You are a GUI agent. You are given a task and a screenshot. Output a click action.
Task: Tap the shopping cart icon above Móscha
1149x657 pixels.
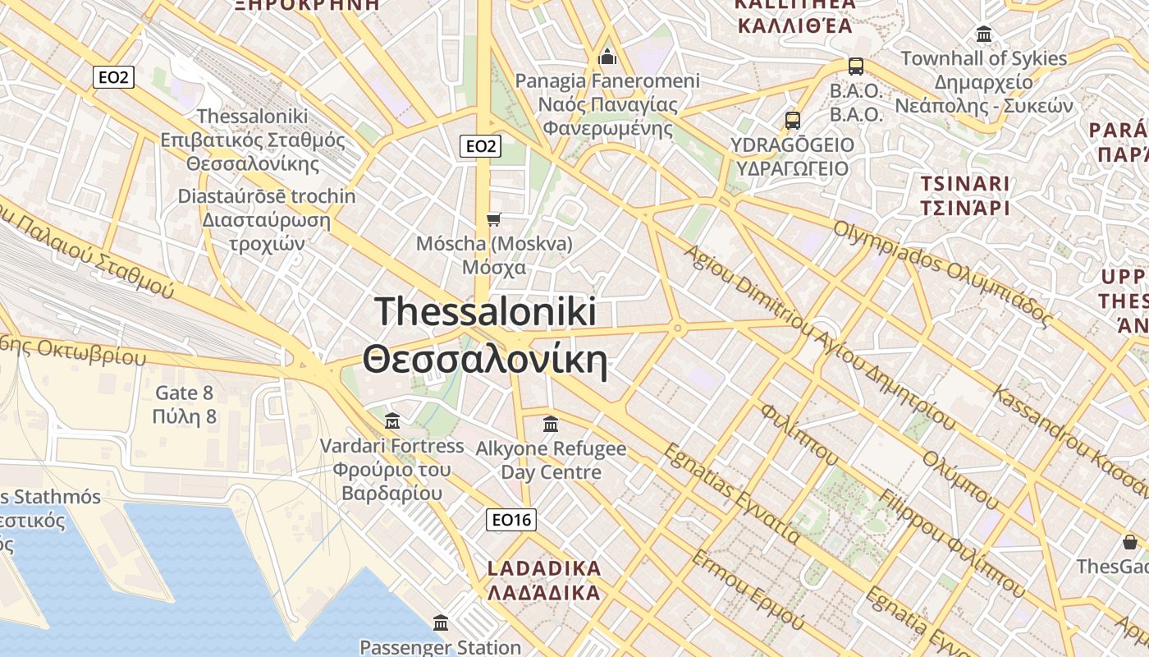point(493,218)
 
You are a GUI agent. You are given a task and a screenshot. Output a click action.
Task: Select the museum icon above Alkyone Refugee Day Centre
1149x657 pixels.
point(551,425)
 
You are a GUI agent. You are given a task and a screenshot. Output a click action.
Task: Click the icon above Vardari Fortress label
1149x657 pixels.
point(392,421)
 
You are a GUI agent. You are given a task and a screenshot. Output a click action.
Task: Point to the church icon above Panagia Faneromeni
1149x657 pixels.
point(607,56)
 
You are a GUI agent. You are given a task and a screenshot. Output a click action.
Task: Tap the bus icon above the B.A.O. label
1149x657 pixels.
point(855,67)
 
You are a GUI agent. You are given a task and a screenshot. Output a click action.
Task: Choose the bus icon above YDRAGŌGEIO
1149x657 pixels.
point(792,121)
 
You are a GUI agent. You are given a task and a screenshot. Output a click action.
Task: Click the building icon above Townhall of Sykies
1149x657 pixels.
point(983,34)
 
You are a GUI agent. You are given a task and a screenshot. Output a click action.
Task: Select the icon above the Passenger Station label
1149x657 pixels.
point(441,623)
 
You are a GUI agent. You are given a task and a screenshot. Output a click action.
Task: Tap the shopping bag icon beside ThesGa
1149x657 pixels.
point(1130,542)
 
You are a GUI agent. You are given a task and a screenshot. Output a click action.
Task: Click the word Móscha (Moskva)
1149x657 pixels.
point(494,244)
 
